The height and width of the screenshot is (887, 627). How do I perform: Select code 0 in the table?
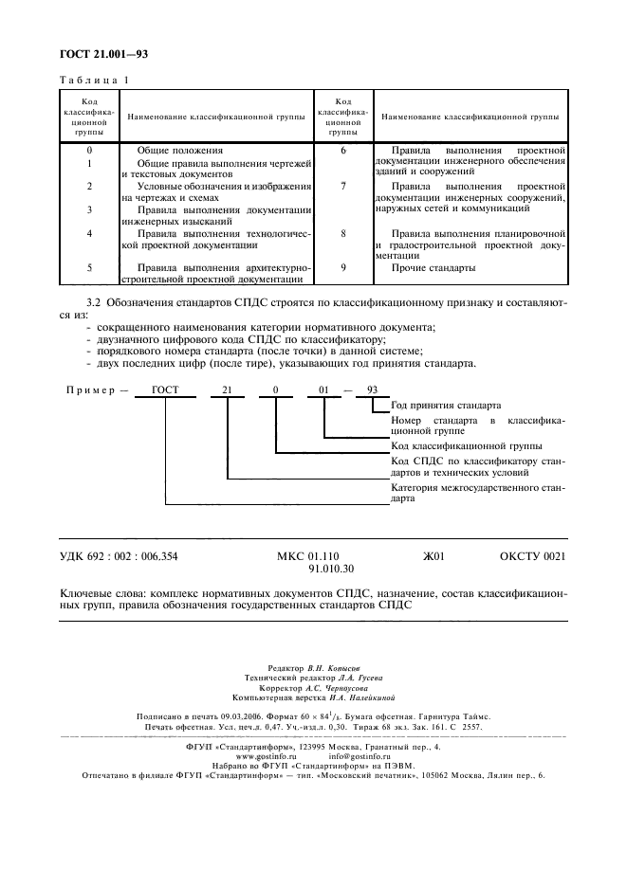(89, 151)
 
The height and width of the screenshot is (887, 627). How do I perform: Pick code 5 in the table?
(89, 268)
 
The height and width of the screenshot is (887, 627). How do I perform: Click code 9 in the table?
(342, 268)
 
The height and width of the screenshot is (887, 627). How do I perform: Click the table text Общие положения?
(179, 151)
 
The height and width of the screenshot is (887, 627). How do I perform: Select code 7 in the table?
(342, 187)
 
